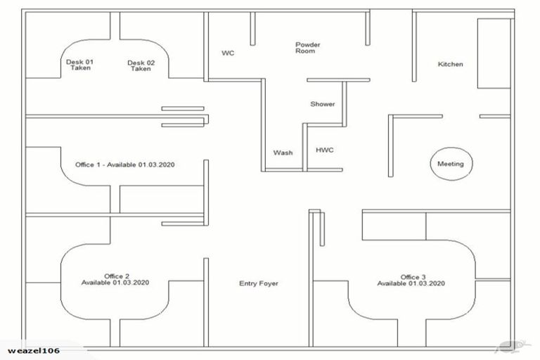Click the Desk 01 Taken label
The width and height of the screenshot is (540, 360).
[79, 65]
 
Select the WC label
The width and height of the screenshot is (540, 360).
[228, 53]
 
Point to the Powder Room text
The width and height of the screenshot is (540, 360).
[307, 48]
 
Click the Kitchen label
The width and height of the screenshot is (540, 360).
[451, 65]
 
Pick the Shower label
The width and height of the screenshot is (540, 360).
[323, 104]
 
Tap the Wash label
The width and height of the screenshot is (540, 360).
[283, 153]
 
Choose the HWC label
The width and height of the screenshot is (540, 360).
[324, 150]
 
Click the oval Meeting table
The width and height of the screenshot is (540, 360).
[451, 164]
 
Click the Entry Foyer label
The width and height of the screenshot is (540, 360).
[259, 284]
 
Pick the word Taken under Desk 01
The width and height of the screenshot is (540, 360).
[79, 69]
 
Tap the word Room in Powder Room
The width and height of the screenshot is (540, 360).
[306, 51]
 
